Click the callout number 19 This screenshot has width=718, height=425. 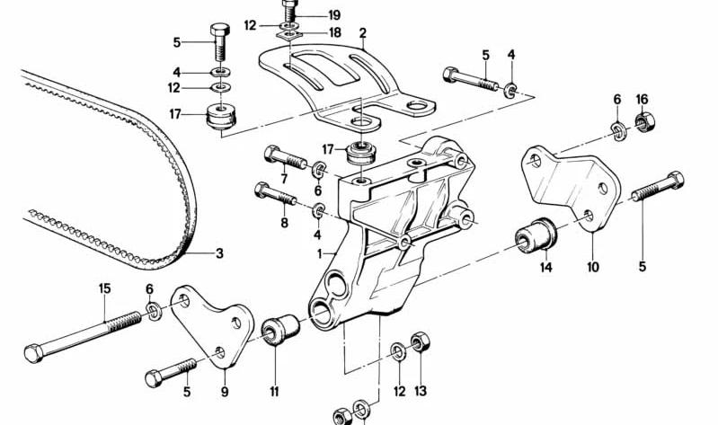click(334, 15)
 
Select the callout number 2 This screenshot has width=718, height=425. click(362, 36)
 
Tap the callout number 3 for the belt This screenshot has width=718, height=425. click(218, 253)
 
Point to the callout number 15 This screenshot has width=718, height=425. click(104, 289)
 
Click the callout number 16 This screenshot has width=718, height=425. click(642, 99)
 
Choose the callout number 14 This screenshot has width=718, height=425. click(545, 267)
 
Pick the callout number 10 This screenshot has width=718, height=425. click(593, 267)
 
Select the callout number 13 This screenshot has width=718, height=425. click(421, 392)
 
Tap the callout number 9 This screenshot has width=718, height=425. click(226, 392)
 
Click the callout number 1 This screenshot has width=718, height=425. click(319, 254)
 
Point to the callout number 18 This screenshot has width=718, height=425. click(334, 32)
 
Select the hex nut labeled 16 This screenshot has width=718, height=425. click(642, 120)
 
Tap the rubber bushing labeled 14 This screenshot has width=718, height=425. click(537, 236)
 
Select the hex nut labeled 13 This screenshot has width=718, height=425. click(419, 344)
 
